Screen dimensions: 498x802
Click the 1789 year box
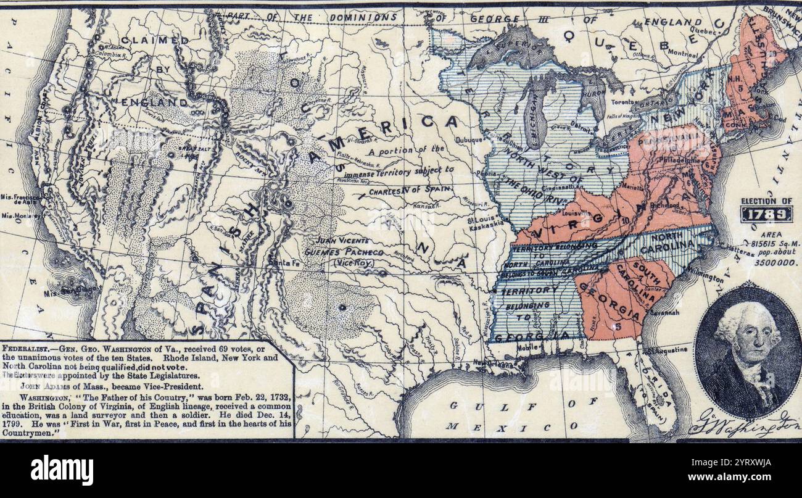pyautogui.click(x=766, y=215)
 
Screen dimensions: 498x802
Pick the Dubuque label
pyautogui.click(x=471, y=139)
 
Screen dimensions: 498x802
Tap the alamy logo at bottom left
pyautogui.click(x=62, y=470)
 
